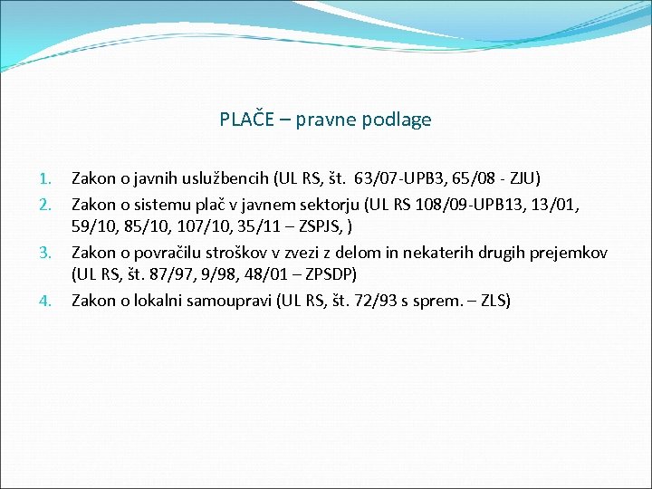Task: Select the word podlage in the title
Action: click(398, 120)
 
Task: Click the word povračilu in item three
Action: click(166, 252)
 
